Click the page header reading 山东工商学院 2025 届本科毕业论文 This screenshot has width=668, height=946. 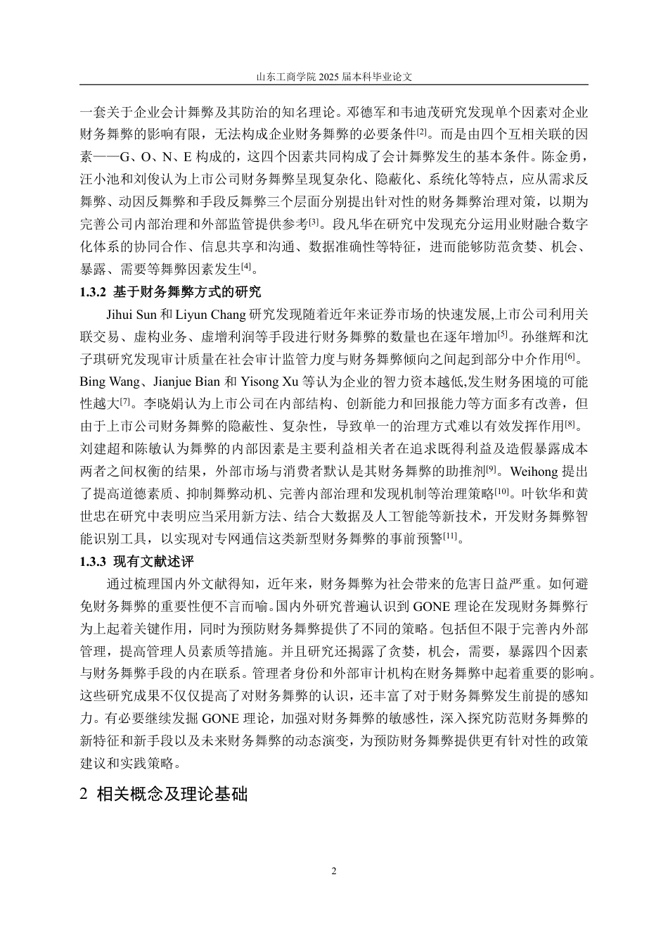coord(333,76)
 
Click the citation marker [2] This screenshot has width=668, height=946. coord(421,132)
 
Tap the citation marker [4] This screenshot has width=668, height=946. coord(246,267)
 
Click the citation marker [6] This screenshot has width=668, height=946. coord(570,357)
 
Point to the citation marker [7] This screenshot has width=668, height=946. coord(125,402)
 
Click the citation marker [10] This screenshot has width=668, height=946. coord(501,492)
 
